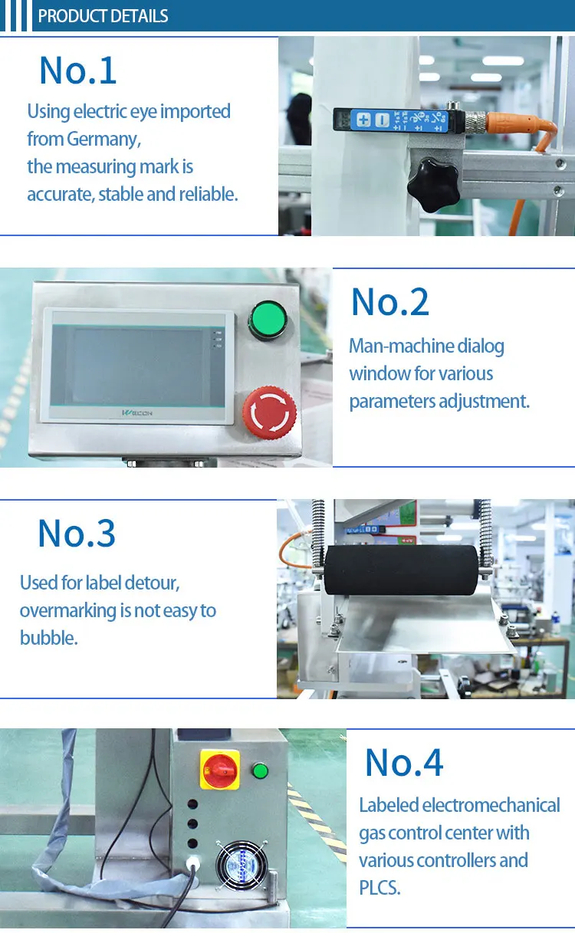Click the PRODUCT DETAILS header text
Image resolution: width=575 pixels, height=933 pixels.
[103, 16]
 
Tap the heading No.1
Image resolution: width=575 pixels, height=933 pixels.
[78, 71]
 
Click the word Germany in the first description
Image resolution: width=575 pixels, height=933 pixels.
[103, 139]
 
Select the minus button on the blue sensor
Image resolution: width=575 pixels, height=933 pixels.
[382, 120]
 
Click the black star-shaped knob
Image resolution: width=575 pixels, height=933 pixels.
[433, 185]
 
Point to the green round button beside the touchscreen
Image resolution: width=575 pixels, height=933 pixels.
[268, 320]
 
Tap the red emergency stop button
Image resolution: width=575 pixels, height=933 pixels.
[270, 412]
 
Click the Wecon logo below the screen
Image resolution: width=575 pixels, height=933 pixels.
[137, 412]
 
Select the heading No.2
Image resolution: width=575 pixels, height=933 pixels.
[390, 302]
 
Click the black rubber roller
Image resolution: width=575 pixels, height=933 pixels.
[401, 570]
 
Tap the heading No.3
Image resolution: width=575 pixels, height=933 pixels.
[77, 534]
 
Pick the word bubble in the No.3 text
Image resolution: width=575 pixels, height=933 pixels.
[49, 638]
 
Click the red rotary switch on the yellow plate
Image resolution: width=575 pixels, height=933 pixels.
[220, 770]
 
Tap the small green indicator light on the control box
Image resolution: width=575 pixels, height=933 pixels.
[260, 771]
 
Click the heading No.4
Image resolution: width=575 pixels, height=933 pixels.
[404, 763]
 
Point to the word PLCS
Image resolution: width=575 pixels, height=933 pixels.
[379, 889]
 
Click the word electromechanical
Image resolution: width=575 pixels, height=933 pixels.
[491, 806]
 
